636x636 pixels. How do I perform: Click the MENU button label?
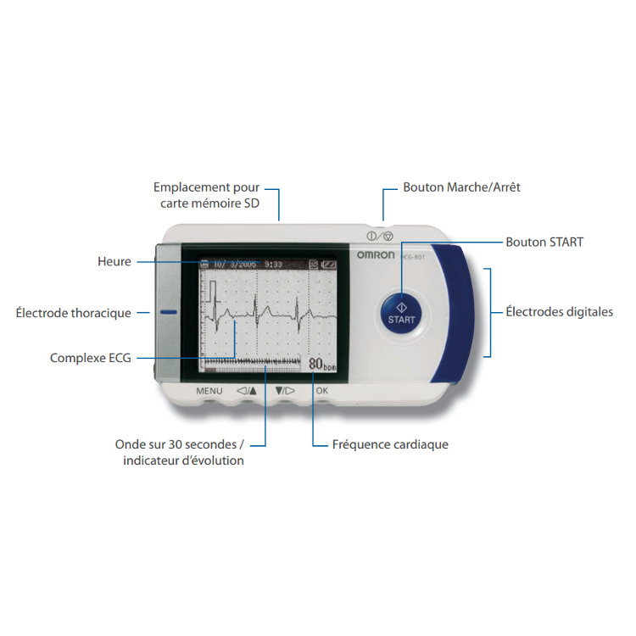tap(209, 391)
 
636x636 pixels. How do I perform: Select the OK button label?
tap(321, 391)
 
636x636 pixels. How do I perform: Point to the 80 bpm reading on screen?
tap(321, 364)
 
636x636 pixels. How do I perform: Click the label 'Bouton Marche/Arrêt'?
tap(461, 187)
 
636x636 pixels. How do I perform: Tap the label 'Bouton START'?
tap(544, 242)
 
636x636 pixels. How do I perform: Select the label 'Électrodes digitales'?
tap(559, 312)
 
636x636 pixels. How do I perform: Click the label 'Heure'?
tap(114, 262)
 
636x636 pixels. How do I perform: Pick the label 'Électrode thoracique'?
tap(74, 313)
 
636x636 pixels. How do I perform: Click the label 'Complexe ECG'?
tap(91, 359)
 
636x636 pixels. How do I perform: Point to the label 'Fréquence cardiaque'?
tap(391, 444)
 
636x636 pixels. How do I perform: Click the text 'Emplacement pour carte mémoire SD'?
tap(206, 195)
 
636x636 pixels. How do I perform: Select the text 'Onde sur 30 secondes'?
tap(179, 444)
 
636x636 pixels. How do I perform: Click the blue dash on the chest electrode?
tap(167, 312)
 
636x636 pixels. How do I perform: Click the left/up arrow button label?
tap(246, 391)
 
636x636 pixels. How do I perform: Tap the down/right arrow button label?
tap(284, 391)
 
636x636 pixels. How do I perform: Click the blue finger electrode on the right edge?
tap(454, 314)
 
